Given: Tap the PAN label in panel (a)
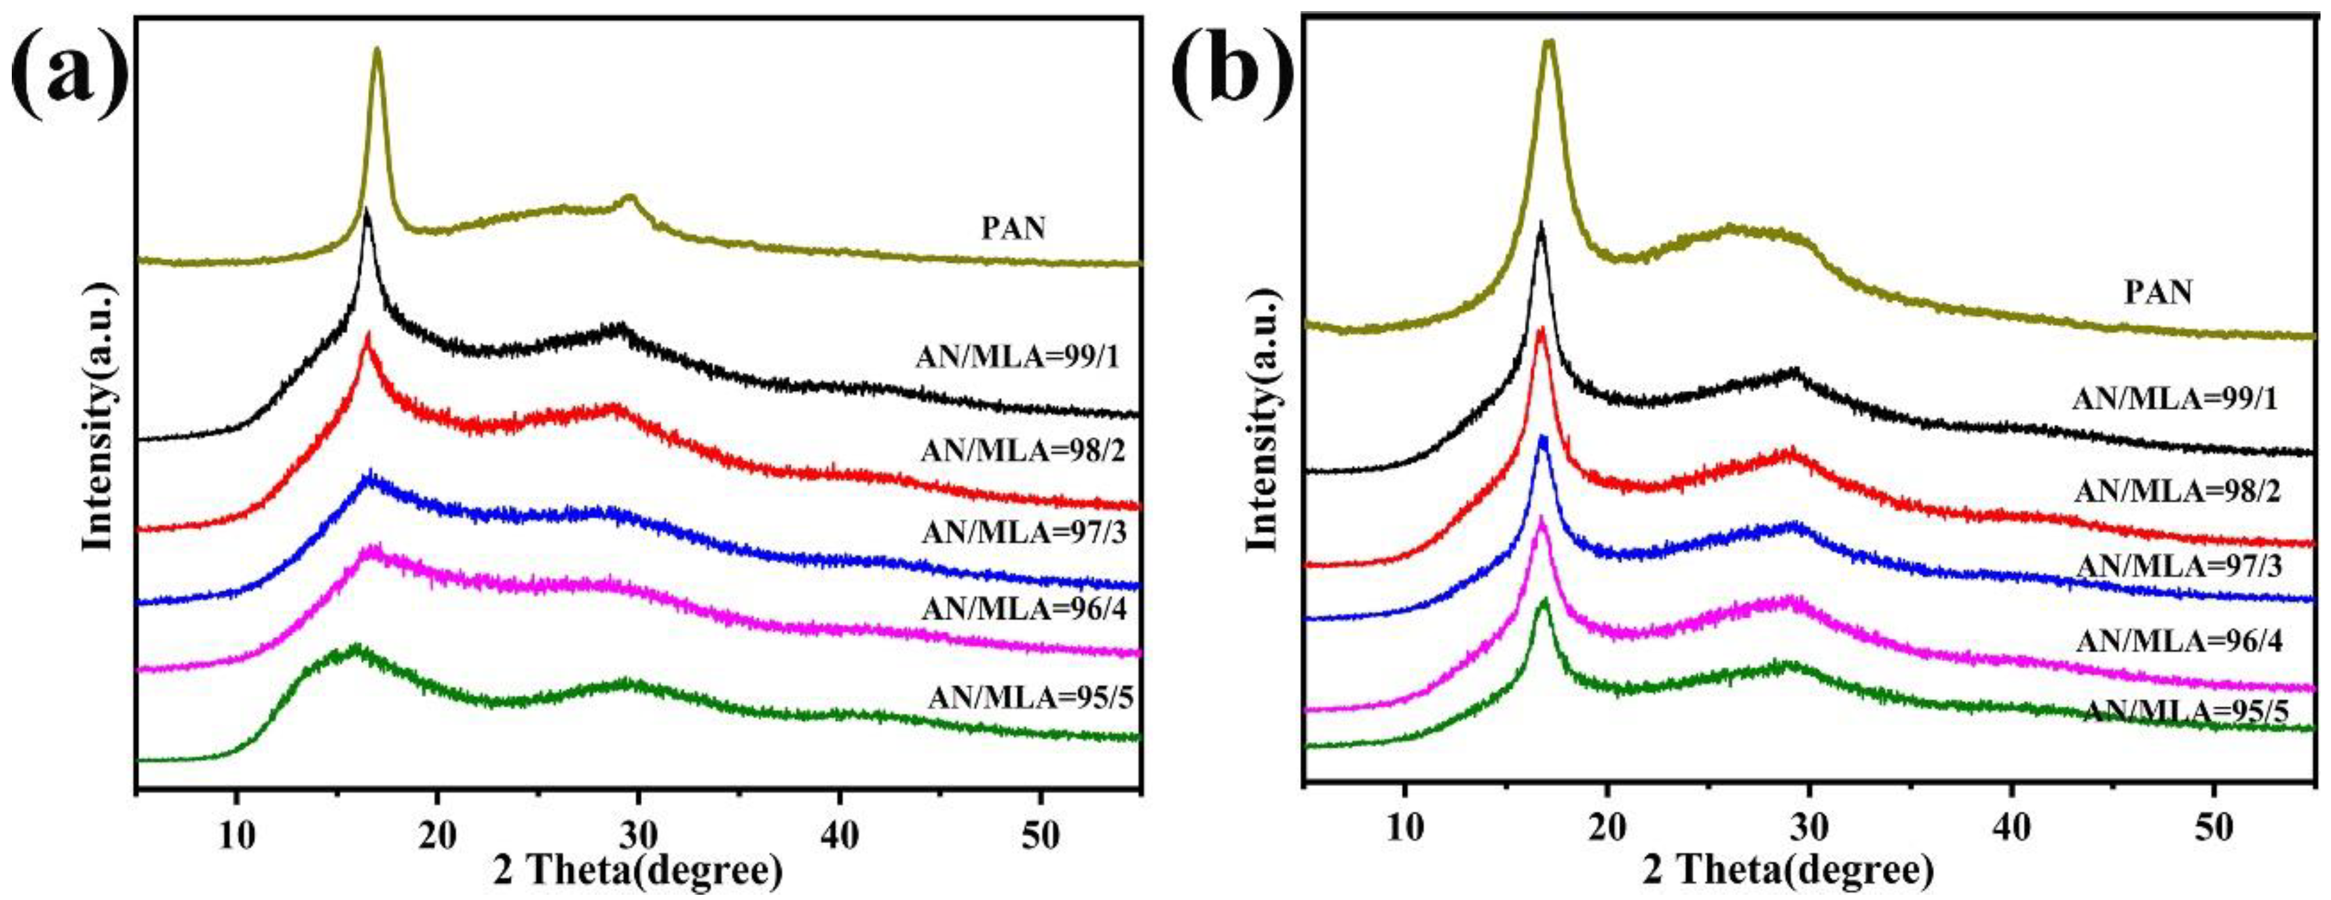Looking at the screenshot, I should pos(1013,228).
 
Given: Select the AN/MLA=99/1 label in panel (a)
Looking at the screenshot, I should pos(1017,358).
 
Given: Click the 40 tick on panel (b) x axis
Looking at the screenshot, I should pos(2011,848).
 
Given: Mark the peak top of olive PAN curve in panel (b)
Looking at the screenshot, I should pos(1549,43).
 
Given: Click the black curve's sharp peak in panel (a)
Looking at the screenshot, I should pos(367,213).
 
